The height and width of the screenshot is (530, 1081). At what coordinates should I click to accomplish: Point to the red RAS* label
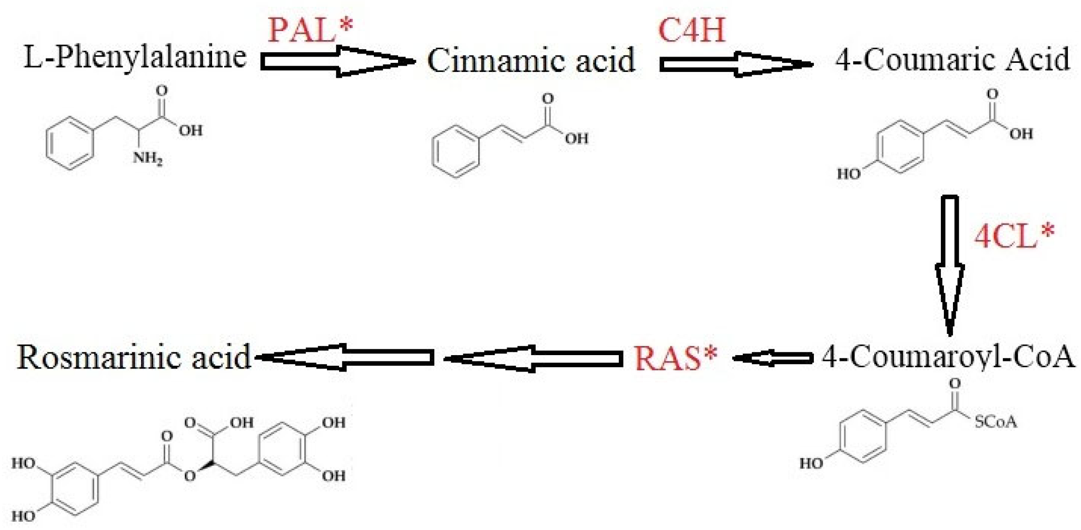click(x=675, y=358)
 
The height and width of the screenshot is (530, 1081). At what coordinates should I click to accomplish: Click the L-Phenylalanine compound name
click(x=135, y=57)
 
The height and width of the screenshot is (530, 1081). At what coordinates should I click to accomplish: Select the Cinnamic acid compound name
click(x=531, y=60)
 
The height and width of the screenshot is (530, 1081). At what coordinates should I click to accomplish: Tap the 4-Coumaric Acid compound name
click(x=952, y=60)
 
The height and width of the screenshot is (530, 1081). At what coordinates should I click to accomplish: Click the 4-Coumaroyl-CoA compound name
click(x=948, y=358)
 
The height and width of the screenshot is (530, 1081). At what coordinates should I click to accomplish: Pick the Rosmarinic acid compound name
click(x=134, y=358)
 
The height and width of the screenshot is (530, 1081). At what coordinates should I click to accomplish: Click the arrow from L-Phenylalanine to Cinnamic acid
click(x=337, y=61)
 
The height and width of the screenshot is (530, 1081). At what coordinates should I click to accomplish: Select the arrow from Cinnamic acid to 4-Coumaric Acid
click(x=735, y=64)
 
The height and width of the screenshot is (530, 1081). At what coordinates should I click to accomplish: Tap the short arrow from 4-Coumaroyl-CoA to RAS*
click(x=772, y=358)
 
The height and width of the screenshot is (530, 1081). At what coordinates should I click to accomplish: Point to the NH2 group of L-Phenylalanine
click(x=147, y=158)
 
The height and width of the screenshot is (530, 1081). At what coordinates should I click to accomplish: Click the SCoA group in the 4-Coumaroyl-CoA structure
click(x=996, y=422)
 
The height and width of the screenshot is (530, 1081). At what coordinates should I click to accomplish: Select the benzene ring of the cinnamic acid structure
click(x=455, y=152)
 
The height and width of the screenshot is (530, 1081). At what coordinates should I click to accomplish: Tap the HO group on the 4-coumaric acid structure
click(x=849, y=173)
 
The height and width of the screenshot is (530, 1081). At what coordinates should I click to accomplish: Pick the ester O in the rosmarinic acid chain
click(x=190, y=476)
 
